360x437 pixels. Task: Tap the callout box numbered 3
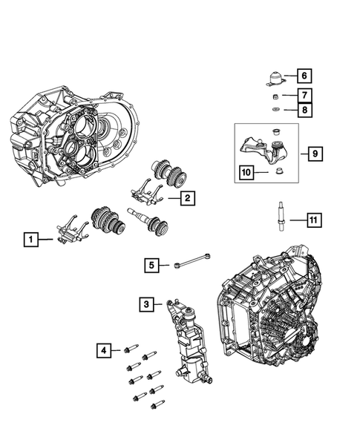point(147,303)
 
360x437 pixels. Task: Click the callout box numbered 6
point(304,76)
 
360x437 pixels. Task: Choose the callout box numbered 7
point(304,95)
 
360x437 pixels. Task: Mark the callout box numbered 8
point(304,111)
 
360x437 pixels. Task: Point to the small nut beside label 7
point(275,96)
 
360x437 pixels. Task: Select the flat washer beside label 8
point(275,111)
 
